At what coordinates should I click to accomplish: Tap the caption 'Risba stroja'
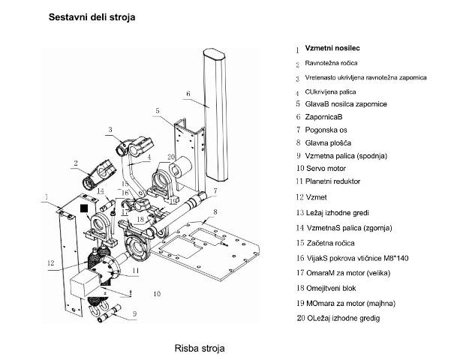pos(199,349)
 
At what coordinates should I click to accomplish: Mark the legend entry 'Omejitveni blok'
pos(336,286)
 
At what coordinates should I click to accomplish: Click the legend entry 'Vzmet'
pos(316,196)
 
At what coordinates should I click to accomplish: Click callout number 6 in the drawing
pos(188,94)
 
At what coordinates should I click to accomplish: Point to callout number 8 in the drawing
pos(215,214)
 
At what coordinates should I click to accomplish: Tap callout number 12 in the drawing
pos(50,262)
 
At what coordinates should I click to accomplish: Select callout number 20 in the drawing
pos(171,157)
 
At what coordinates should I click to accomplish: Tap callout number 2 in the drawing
pos(76,162)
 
